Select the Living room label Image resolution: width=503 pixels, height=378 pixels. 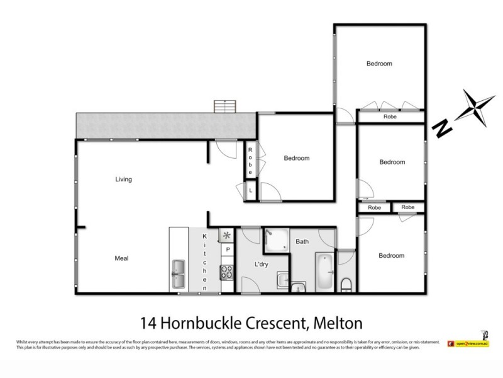pyautogui.click(x=123, y=180)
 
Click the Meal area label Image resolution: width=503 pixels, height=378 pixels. pyautogui.click(x=121, y=258)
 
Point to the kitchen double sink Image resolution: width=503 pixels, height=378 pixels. pyautogui.click(x=177, y=272)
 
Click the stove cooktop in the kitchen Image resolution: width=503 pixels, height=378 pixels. pyautogui.click(x=226, y=273)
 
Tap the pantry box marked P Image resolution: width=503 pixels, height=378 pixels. pyautogui.click(x=227, y=249)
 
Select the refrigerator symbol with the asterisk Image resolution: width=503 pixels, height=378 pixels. pyautogui.click(x=226, y=235)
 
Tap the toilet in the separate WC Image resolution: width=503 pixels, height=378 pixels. pyautogui.click(x=346, y=283)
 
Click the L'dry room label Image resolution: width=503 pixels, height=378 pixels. pyautogui.click(x=262, y=265)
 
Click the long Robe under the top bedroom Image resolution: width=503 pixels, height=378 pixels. pyautogui.click(x=390, y=117)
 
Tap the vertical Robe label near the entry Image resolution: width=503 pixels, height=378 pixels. pyautogui.click(x=250, y=160)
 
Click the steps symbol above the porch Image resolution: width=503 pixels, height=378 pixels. pyautogui.click(x=224, y=106)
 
